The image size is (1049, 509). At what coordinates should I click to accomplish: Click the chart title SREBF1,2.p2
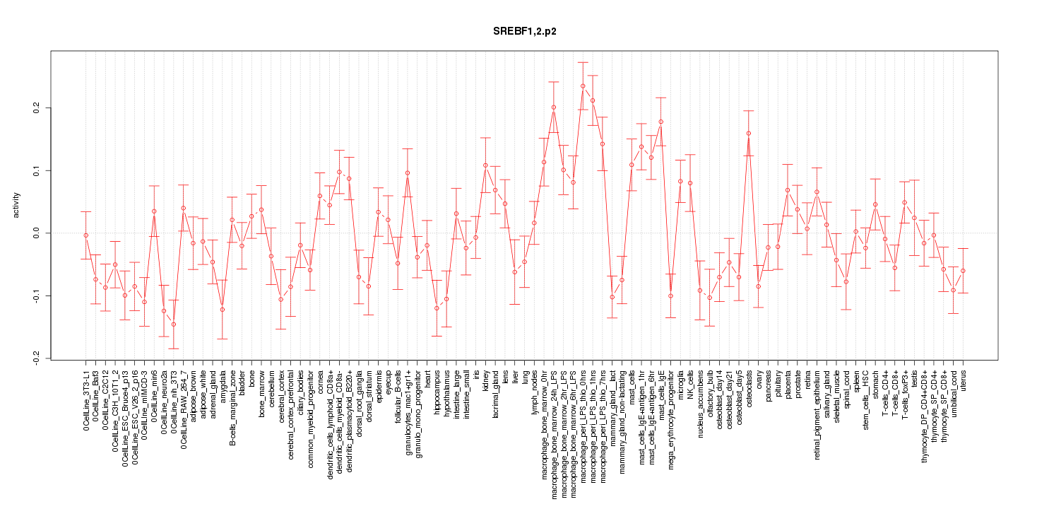pyautogui.click(x=524, y=33)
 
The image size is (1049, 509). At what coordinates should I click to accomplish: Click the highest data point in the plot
pyautogui.click(x=583, y=86)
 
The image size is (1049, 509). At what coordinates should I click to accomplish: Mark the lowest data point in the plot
pyautogui.click(x=174, y=324)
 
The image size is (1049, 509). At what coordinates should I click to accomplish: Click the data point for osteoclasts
pyautogui.click(x=748, y=134)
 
